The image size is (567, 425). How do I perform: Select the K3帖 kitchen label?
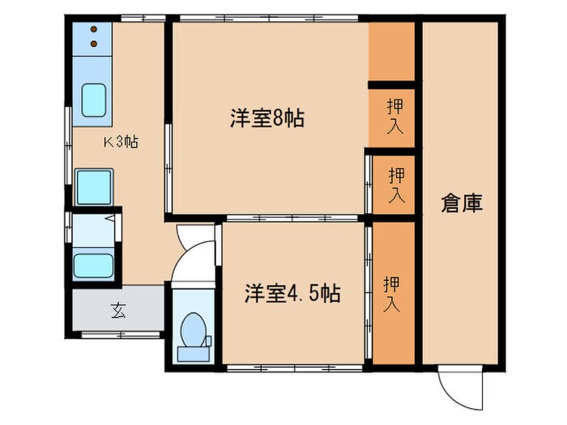point(119,142)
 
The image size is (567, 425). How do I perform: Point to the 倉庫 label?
point(462,202)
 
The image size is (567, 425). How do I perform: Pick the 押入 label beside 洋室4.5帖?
point(392,293)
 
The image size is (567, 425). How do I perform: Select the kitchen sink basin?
point(95,101)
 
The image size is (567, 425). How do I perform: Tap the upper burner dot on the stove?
point(93,30)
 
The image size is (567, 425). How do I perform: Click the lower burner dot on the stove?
point(93,43)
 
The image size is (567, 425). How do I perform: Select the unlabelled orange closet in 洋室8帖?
point(392,52)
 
